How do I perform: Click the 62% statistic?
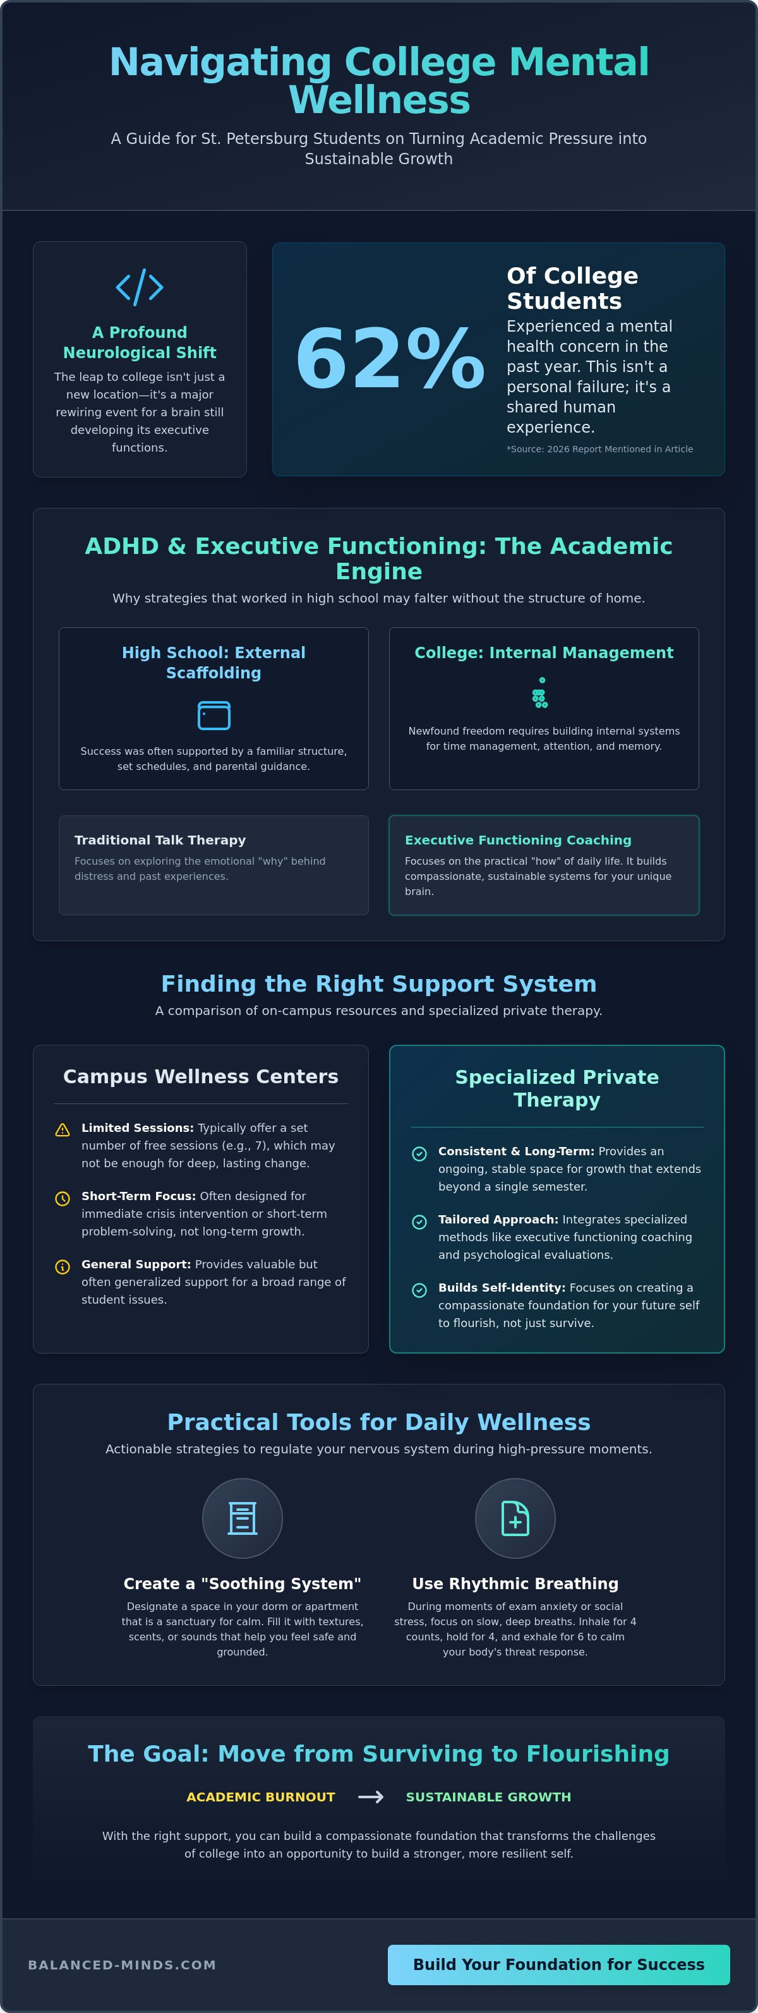pos(390,359)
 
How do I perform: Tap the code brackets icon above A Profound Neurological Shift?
pos(140,287)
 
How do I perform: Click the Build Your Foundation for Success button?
pos(559,1964)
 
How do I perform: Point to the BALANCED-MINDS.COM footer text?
pos(122,1964)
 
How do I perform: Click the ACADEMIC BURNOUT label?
pos(260,1796)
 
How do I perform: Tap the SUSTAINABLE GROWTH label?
pos(488,1796)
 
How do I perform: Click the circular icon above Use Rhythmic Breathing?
pos(515,1518)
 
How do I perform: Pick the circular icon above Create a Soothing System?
pos(243,1518)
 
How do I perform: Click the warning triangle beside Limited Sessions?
pos(63,1130)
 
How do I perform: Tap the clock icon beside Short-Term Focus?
pos(63,1198)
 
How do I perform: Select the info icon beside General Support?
pos(63,1266)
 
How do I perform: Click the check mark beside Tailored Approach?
pos(419,1222)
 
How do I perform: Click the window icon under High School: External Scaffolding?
pos(214,715)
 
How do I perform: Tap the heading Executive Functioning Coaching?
pos(518,839)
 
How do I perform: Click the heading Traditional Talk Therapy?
pos(160,839)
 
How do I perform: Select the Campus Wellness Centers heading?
pos(201,1076)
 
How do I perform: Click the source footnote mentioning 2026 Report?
pos(599,448)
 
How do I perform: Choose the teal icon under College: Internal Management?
pos(540,692)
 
